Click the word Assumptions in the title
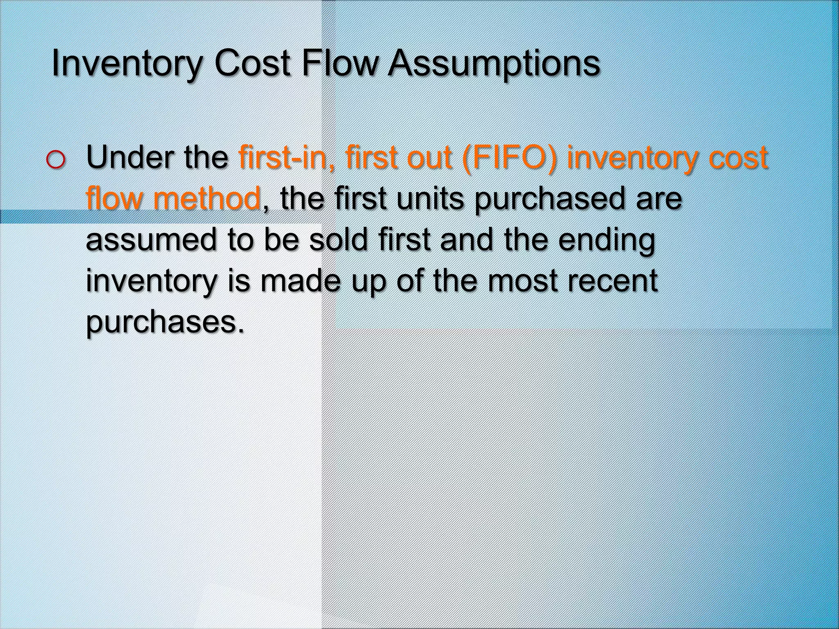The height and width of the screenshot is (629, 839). [494, 64]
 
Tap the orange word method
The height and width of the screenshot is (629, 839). [207, 199]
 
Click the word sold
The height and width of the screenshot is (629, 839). [338, 240]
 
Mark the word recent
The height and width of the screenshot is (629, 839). [611, 281]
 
